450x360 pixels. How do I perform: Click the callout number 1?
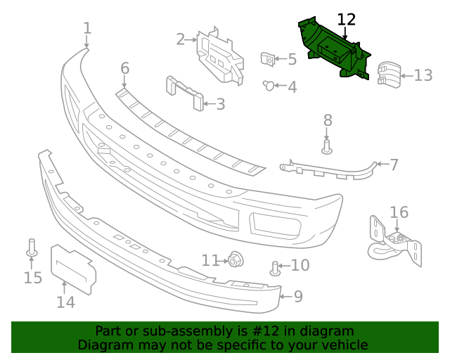coord(87,28)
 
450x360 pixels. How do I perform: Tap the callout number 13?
coord(423,75)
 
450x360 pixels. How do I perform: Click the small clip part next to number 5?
coord(268,60)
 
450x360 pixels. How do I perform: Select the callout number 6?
coord(124,68)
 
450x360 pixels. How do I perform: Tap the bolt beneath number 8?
coord(327,146)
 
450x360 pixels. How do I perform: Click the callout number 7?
coord(394,165)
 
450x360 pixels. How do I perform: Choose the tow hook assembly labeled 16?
coord(396,243)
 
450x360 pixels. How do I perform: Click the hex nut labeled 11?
coord(234,260)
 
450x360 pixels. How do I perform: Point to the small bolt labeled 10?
coord(276,267)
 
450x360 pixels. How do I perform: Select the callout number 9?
coord(298,296)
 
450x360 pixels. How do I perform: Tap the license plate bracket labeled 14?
coord(72,269)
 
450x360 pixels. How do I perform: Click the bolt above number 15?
coord(32,248)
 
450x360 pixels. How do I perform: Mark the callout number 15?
coord(33,278)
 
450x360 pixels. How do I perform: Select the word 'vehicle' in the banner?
coord(342,345)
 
